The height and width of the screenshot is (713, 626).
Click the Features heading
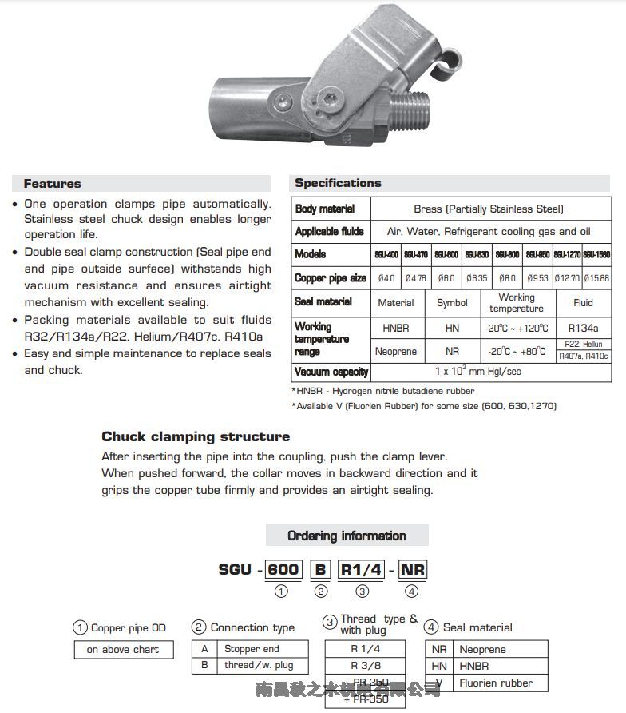52,184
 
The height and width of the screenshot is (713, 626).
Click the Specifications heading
338,183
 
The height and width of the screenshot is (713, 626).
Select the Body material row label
325,209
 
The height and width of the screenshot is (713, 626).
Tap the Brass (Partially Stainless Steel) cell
489,209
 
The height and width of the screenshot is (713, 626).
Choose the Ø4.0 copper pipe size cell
386,278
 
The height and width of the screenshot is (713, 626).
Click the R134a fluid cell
583,328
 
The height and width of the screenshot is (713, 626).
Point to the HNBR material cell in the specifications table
396,328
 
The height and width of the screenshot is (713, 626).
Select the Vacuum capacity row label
331,372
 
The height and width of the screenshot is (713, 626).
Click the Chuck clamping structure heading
196,436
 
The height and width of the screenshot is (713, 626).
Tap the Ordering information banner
347,536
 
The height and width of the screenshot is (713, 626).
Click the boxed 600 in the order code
283,570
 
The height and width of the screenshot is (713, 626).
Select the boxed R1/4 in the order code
362,570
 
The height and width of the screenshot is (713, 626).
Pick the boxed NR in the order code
413,570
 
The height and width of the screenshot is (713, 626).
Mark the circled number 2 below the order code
320,592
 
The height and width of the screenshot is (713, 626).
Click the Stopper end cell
252,649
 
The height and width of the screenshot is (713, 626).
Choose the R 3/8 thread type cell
365,665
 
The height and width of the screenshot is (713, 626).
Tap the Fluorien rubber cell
495,683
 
